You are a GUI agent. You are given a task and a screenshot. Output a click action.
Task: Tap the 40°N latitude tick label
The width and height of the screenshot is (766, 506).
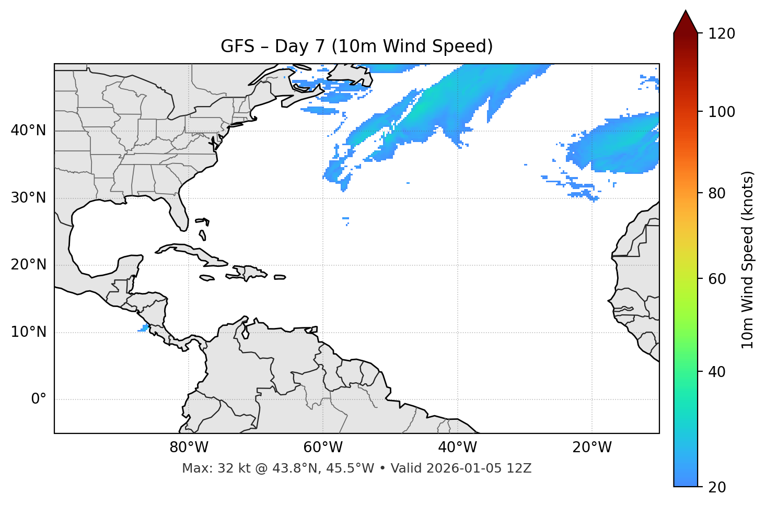tap(28, 131)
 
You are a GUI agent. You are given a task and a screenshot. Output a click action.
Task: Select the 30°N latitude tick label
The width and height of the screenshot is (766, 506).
tap(28, 198)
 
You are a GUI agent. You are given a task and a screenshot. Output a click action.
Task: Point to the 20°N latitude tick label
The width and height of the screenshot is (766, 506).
tap(28, 265)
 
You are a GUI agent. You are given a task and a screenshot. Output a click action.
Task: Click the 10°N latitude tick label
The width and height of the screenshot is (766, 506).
tap(28, 332)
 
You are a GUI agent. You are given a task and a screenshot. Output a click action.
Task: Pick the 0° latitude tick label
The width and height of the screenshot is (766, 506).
tap(39, 399)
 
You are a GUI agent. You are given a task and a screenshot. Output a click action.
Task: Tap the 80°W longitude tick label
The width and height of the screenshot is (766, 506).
tap(189, 448)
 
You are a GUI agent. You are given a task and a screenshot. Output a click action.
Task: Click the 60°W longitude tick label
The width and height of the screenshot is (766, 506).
tap(323, 448)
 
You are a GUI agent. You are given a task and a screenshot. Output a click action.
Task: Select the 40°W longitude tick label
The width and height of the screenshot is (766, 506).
tap(457, 448)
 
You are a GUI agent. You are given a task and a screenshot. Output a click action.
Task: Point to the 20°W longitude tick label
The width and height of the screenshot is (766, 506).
tap(591, 448)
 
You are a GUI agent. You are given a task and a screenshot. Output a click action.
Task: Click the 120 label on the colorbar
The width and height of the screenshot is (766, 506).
tap(722, 34)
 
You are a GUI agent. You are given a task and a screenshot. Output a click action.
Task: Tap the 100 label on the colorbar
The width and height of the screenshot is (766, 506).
tap(722, 112)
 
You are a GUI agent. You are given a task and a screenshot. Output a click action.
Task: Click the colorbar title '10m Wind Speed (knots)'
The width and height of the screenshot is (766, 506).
tap(748, 260)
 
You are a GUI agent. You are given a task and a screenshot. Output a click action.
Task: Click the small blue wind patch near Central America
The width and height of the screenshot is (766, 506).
tap(143, 328)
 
